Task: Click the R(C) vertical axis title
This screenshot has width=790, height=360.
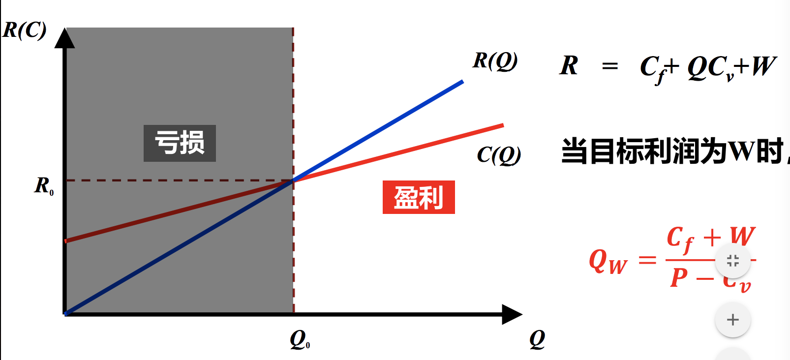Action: pos(25,30)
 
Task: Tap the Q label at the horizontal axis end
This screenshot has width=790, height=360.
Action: pos(537,339)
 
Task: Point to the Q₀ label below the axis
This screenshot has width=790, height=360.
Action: pos(300,339)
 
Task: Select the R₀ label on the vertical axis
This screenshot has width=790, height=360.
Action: pos(44,186)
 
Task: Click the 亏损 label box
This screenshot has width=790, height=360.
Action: pos(180,143)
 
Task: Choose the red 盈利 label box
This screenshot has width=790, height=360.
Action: pos(419,197)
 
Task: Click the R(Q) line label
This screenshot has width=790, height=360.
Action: pos(495,61)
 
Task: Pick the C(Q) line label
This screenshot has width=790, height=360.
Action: pos(499,155)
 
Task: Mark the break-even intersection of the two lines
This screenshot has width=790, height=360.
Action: pos(293,180)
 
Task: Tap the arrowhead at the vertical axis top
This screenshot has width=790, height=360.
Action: pos(64,38)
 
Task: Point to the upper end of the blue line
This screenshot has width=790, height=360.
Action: pos(462,82)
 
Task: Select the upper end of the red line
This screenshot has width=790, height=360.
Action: pos(502,126)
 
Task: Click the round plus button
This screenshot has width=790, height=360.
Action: pos(732,320)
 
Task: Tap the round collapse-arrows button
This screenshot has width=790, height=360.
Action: pos(732,260)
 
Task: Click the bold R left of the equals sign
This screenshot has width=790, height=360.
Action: pos(569,65)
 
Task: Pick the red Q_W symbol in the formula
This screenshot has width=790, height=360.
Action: pos(608,261)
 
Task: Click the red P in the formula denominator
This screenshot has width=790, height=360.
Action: pos(679,278)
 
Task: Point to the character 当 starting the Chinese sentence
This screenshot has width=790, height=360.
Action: pos(575,151)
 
